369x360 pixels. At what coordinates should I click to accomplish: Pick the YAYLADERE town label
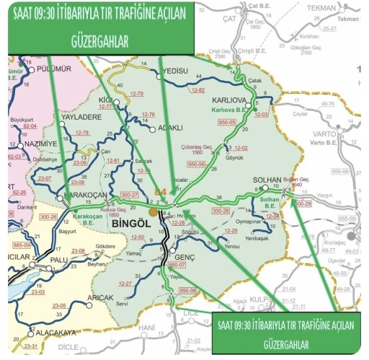82,116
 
